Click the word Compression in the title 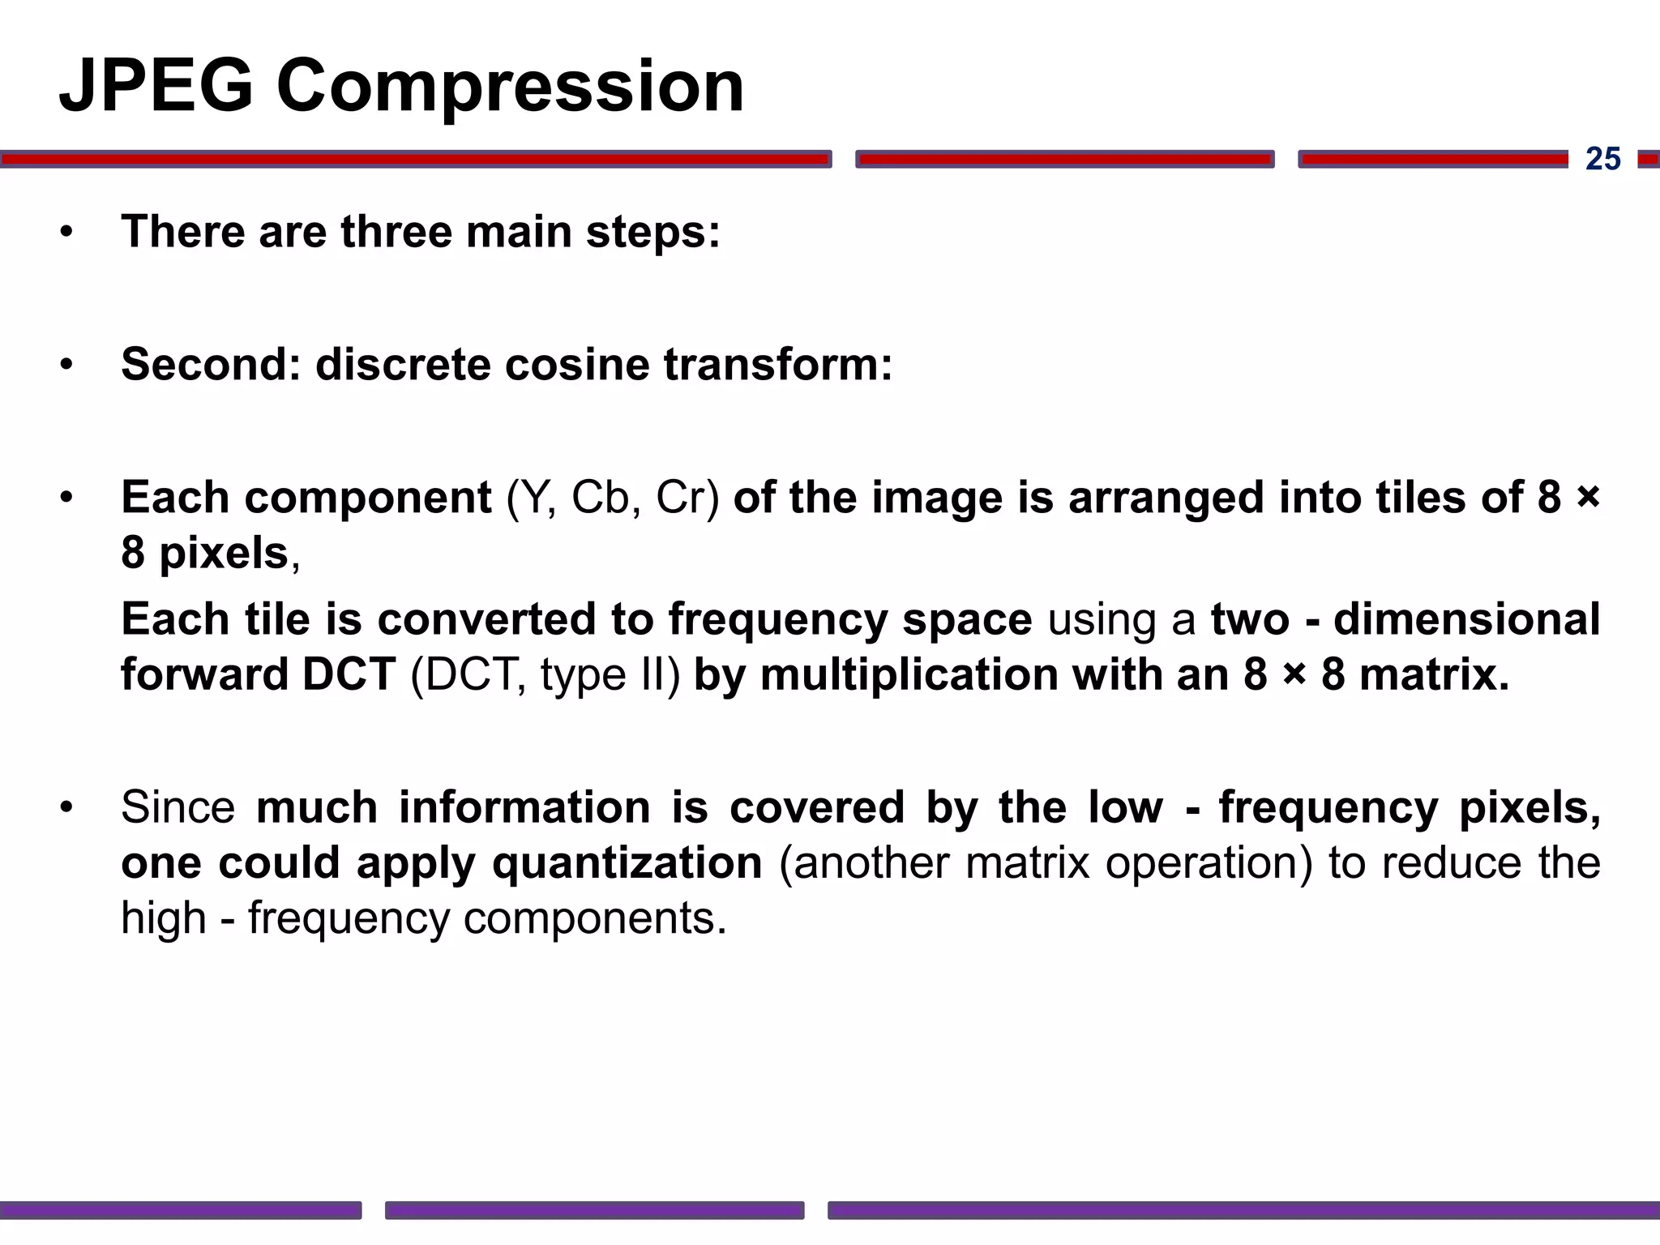point(510,88)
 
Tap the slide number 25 point(1602,159)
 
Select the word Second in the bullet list point(210,365)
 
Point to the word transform point(776,365)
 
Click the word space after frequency point(967,620)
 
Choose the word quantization point(627,863)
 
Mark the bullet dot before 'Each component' point(66,498)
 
